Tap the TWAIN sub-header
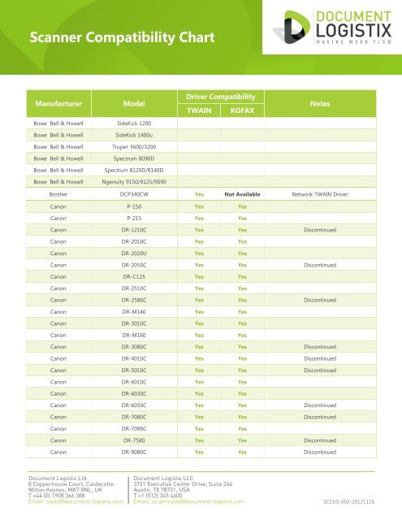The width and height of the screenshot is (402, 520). (x=199, y=111)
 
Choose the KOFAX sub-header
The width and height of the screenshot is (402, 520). (x=242, y=111)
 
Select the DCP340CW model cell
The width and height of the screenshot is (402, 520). (x=134, y=195)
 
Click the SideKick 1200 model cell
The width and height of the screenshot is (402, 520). (x=134, y=123)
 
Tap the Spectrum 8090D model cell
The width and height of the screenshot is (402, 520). (x=134, y=158)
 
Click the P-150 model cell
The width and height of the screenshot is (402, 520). (x=134, y=207)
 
